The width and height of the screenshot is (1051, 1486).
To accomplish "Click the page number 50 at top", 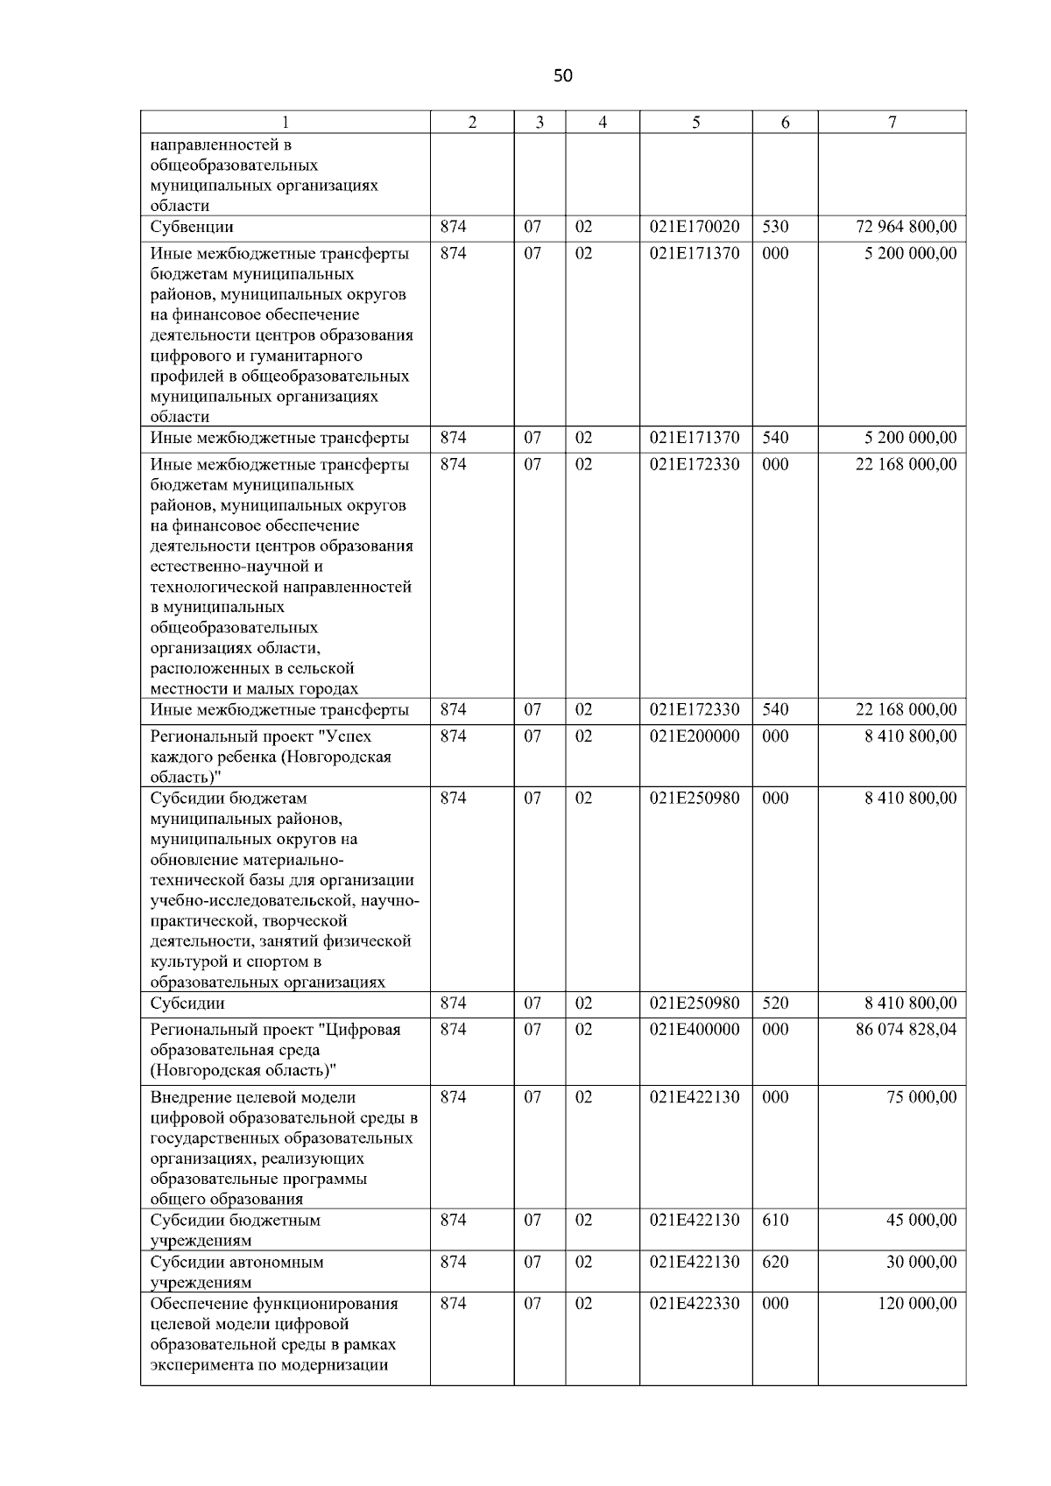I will coord(563,76).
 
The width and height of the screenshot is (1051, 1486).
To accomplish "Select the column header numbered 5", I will coord(695,123).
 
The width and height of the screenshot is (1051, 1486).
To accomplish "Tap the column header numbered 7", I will coord(892,123).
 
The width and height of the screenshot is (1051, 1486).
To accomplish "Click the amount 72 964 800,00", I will coord(906,228).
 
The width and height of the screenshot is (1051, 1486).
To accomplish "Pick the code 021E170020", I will coord(695,228).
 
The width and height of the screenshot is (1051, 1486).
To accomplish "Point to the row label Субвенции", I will coord(192,228).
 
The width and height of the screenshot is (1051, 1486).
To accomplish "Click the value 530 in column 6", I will coord(775,228).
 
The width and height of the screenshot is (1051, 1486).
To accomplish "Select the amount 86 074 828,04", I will coord(906,1030).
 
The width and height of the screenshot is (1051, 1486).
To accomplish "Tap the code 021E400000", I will coord(695,1030).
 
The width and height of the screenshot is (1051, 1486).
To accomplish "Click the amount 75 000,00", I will coord(921,1098).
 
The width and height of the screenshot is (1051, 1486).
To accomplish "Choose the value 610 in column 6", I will coord(775,1221).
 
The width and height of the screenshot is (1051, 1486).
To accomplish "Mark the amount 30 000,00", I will coord(921,1263).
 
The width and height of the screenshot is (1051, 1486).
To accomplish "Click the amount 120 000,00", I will coord(917,1304).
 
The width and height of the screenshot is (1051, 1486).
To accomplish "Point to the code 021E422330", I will coord(695,1304).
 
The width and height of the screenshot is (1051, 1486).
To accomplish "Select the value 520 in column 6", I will coord(775,1004).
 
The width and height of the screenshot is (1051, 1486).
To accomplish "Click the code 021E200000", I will coord(695,737).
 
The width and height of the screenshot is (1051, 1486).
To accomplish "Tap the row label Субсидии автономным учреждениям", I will coord(236,1272).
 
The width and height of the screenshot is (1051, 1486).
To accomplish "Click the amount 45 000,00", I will coord(921,1221).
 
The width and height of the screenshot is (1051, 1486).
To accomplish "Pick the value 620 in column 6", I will coord(775,1263).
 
